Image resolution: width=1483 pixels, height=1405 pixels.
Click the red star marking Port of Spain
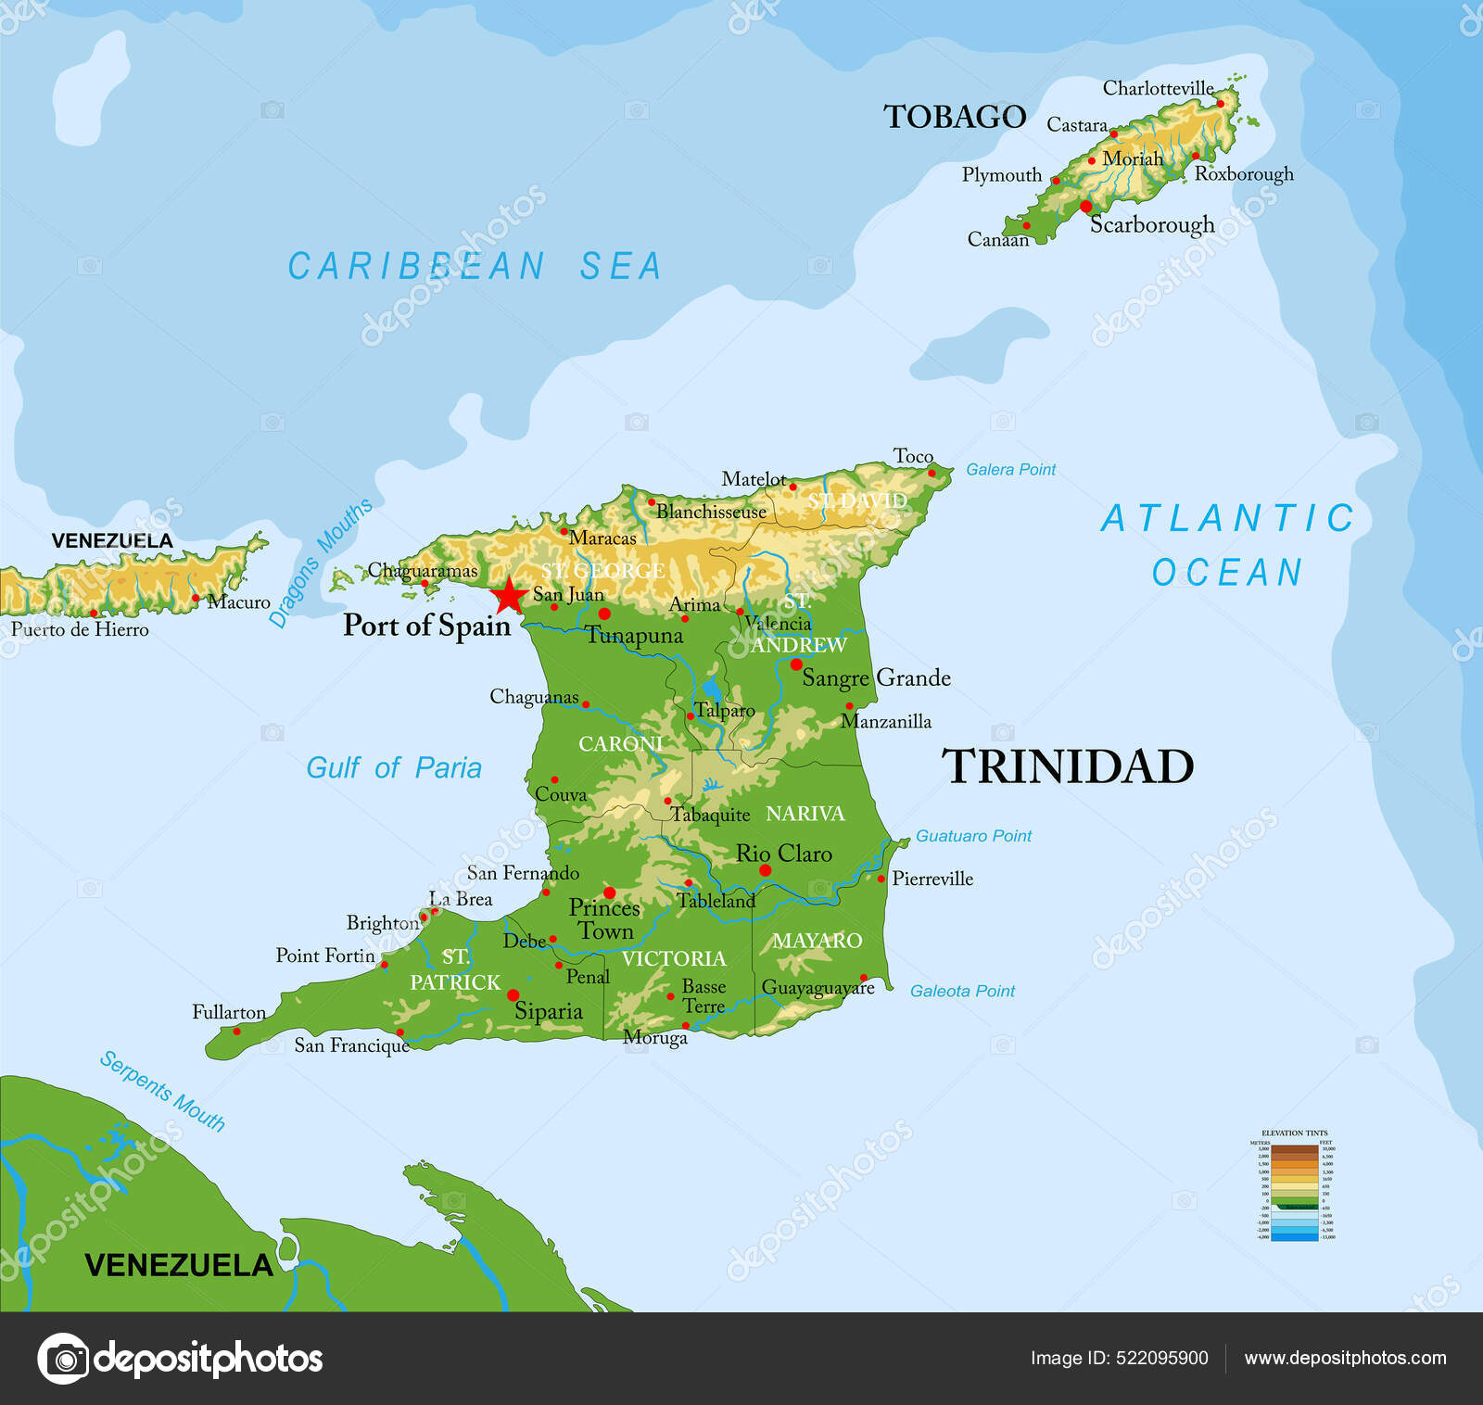(509, 595)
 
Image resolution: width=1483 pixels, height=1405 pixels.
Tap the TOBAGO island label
(954, 117)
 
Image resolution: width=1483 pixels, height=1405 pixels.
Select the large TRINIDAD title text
(1068, 767)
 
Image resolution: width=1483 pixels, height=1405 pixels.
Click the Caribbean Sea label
(475, 267)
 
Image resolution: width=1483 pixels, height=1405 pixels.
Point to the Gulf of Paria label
(394, 768)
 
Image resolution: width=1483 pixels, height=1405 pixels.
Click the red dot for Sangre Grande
(795, 665)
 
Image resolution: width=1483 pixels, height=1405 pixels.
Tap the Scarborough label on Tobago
(1152, 225)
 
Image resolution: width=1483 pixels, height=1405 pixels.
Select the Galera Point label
(1010, 470)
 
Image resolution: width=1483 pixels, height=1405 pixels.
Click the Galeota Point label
(962, 991)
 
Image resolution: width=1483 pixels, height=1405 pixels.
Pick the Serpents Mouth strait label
(163, 1091)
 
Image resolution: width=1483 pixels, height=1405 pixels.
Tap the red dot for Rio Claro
(765, 870)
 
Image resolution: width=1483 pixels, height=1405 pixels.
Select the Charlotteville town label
(1158, 88)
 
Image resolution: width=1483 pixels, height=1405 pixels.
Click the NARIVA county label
(805, 814)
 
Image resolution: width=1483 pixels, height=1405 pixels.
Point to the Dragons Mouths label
(321, 563)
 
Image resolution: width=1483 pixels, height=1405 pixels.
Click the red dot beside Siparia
(513, 994)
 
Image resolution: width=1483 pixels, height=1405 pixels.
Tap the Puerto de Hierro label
(80, 630)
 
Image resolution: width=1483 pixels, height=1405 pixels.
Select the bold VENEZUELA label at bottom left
(179, 1265)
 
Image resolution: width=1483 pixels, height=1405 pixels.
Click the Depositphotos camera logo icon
(63, 1360)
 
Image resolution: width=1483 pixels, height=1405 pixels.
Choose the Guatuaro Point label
(973, 836)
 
